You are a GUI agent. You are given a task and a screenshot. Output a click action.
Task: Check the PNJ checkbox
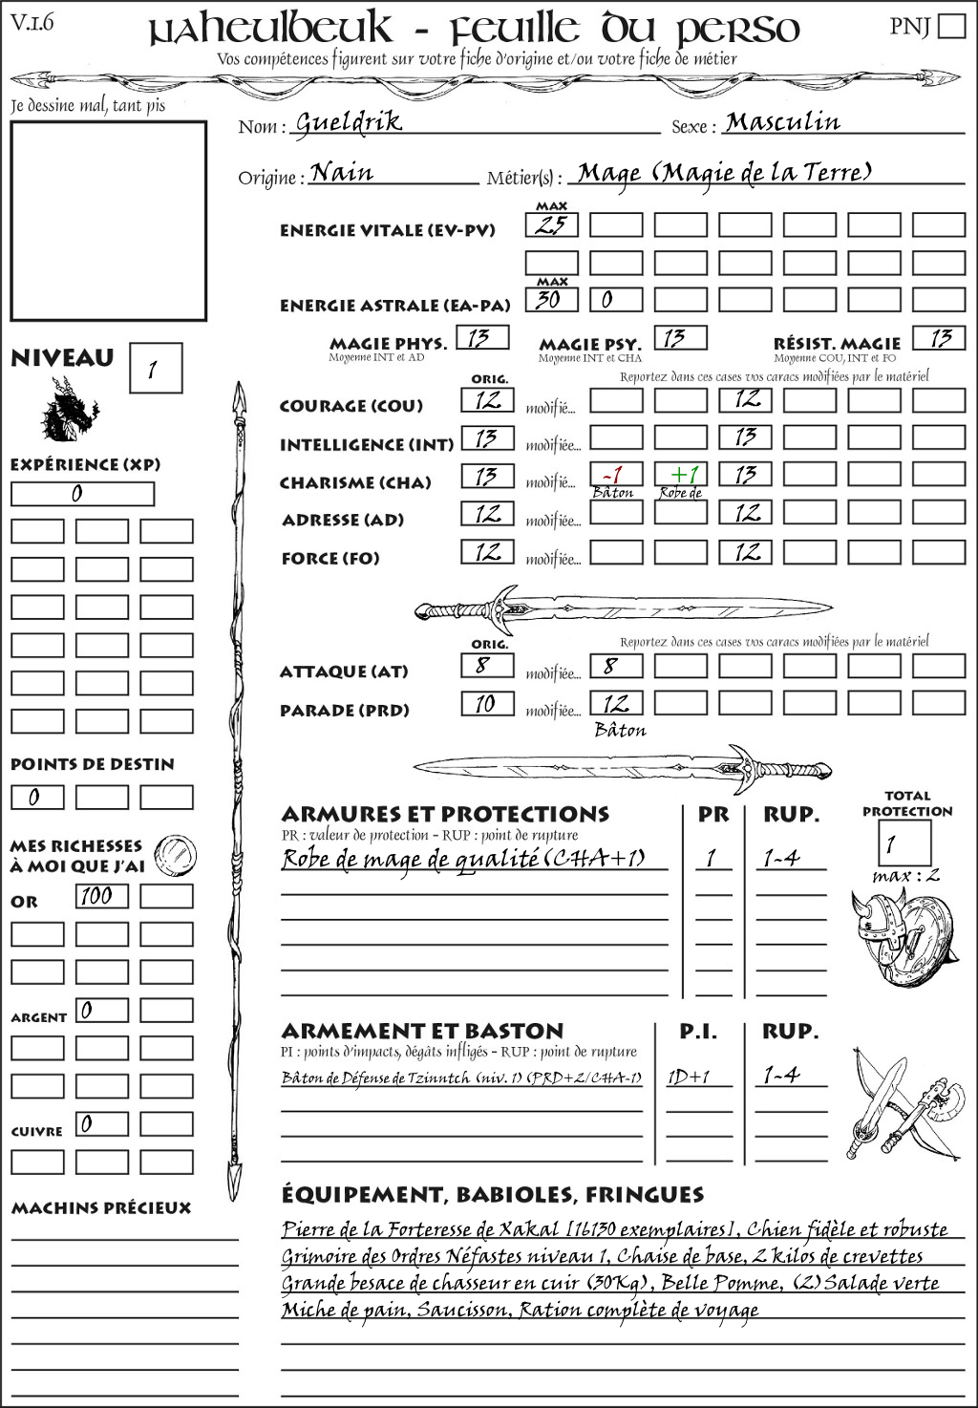(x=951, y=26)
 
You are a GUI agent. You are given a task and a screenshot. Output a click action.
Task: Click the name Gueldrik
(x=349, y=122)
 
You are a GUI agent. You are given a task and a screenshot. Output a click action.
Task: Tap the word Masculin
(x=782, y=122)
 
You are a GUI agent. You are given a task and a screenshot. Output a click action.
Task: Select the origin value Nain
(x=342, y=173)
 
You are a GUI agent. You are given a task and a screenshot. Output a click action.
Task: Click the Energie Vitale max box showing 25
(x=551, y=225)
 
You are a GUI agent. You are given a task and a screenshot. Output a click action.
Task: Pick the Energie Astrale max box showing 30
(x=551, y=300)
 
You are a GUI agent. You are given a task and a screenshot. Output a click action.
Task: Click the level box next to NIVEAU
(x=155, y=369)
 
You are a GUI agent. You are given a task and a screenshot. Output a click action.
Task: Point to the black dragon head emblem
(x=69, y=410)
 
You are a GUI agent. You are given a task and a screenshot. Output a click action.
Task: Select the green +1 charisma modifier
(x=682, y=476)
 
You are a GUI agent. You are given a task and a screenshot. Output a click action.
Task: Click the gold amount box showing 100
(x=101, y=896)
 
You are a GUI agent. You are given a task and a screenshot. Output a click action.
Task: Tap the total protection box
(x=904, y=843)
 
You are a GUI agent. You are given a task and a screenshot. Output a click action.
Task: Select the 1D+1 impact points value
(x=690, y=1077)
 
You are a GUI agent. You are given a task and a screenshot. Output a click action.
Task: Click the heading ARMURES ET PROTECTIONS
(x=445, y=815)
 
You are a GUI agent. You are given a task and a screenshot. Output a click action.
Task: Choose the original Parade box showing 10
(x=487, y=705)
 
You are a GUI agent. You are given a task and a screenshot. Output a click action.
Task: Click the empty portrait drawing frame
(x=108, y=221)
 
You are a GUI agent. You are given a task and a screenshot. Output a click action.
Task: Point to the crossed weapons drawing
(x=903, y=1104)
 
